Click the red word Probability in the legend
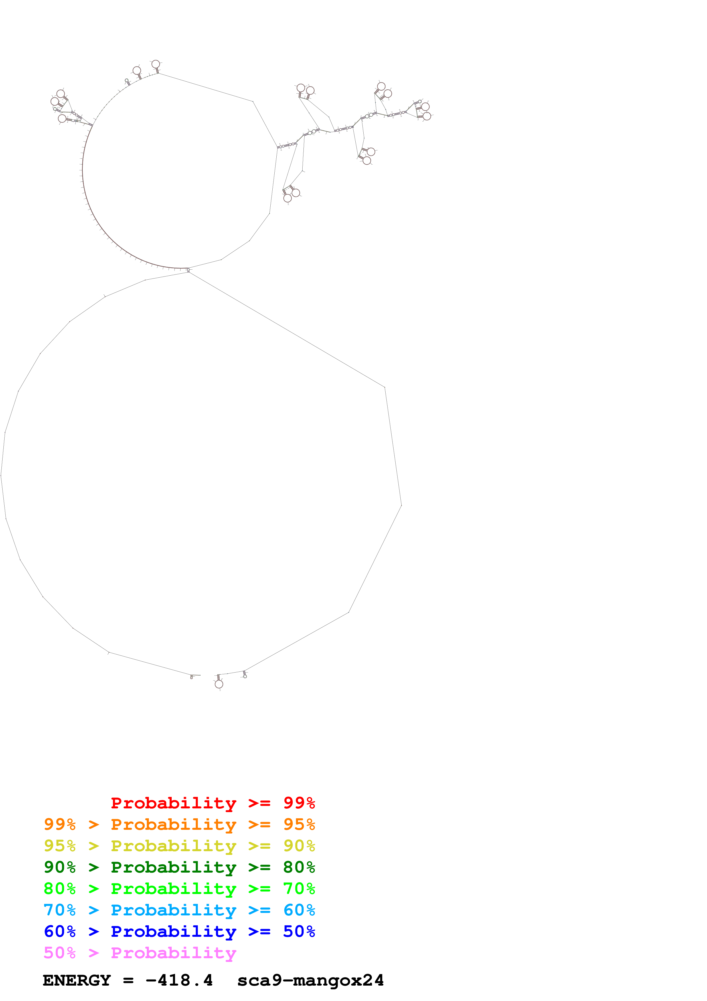(x=173, y=803)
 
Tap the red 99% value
(x=299, y=803)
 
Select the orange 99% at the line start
(x=60, y=824)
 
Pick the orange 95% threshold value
(x=299, y=824)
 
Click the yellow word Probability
(x=173, y=846)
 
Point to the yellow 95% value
(x=60, y=846)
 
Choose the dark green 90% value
(x=60, y=867)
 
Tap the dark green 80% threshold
(x=299, y=867)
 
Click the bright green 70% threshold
(x=299, y=889)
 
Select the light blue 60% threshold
(x=299, y=910)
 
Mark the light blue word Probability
(x=173, y=910)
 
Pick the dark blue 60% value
(x=60, y=931)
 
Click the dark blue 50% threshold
(x=299, y=931)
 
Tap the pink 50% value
(x=60, y=952)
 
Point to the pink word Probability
(x=173, y=952)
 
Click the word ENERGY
(x=77, y=980)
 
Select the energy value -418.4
(x=179, y=980)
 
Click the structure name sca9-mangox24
(x=310, y=980)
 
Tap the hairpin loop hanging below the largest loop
(x=219, y=684)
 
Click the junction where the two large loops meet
(x=188, y=270)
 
